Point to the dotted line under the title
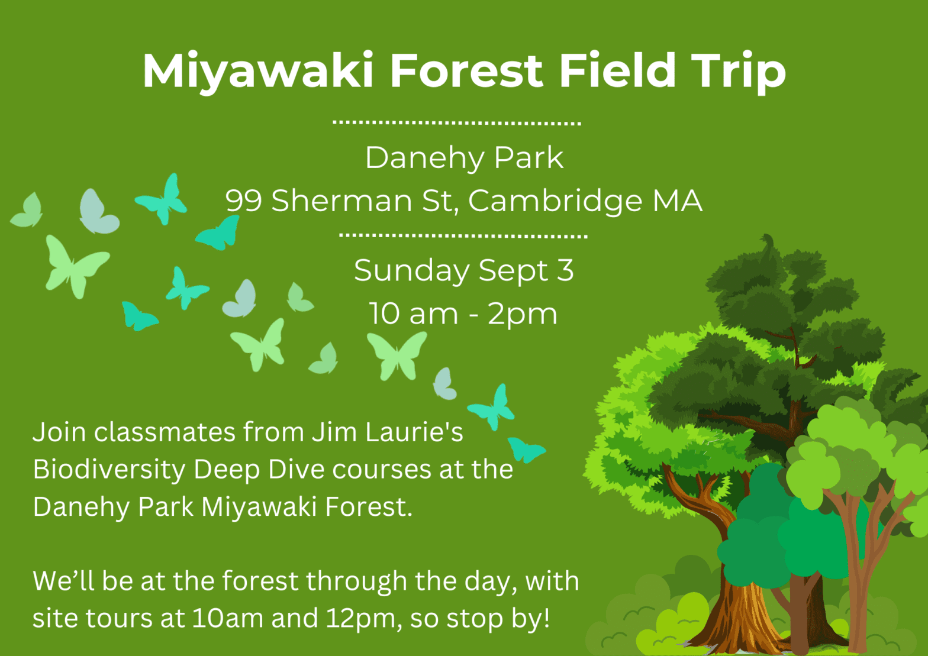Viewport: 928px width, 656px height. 457,123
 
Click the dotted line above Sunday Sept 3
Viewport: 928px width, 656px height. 463,235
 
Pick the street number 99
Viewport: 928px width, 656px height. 243,201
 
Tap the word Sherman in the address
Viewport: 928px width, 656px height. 342,201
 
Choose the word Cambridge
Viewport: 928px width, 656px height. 556,201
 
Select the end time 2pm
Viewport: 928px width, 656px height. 522,314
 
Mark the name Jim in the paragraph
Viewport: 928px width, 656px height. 334,432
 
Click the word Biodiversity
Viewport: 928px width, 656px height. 109,469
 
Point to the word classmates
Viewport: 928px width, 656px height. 165,432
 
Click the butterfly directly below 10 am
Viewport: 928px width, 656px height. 397,356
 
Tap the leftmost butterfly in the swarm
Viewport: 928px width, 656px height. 27,211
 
